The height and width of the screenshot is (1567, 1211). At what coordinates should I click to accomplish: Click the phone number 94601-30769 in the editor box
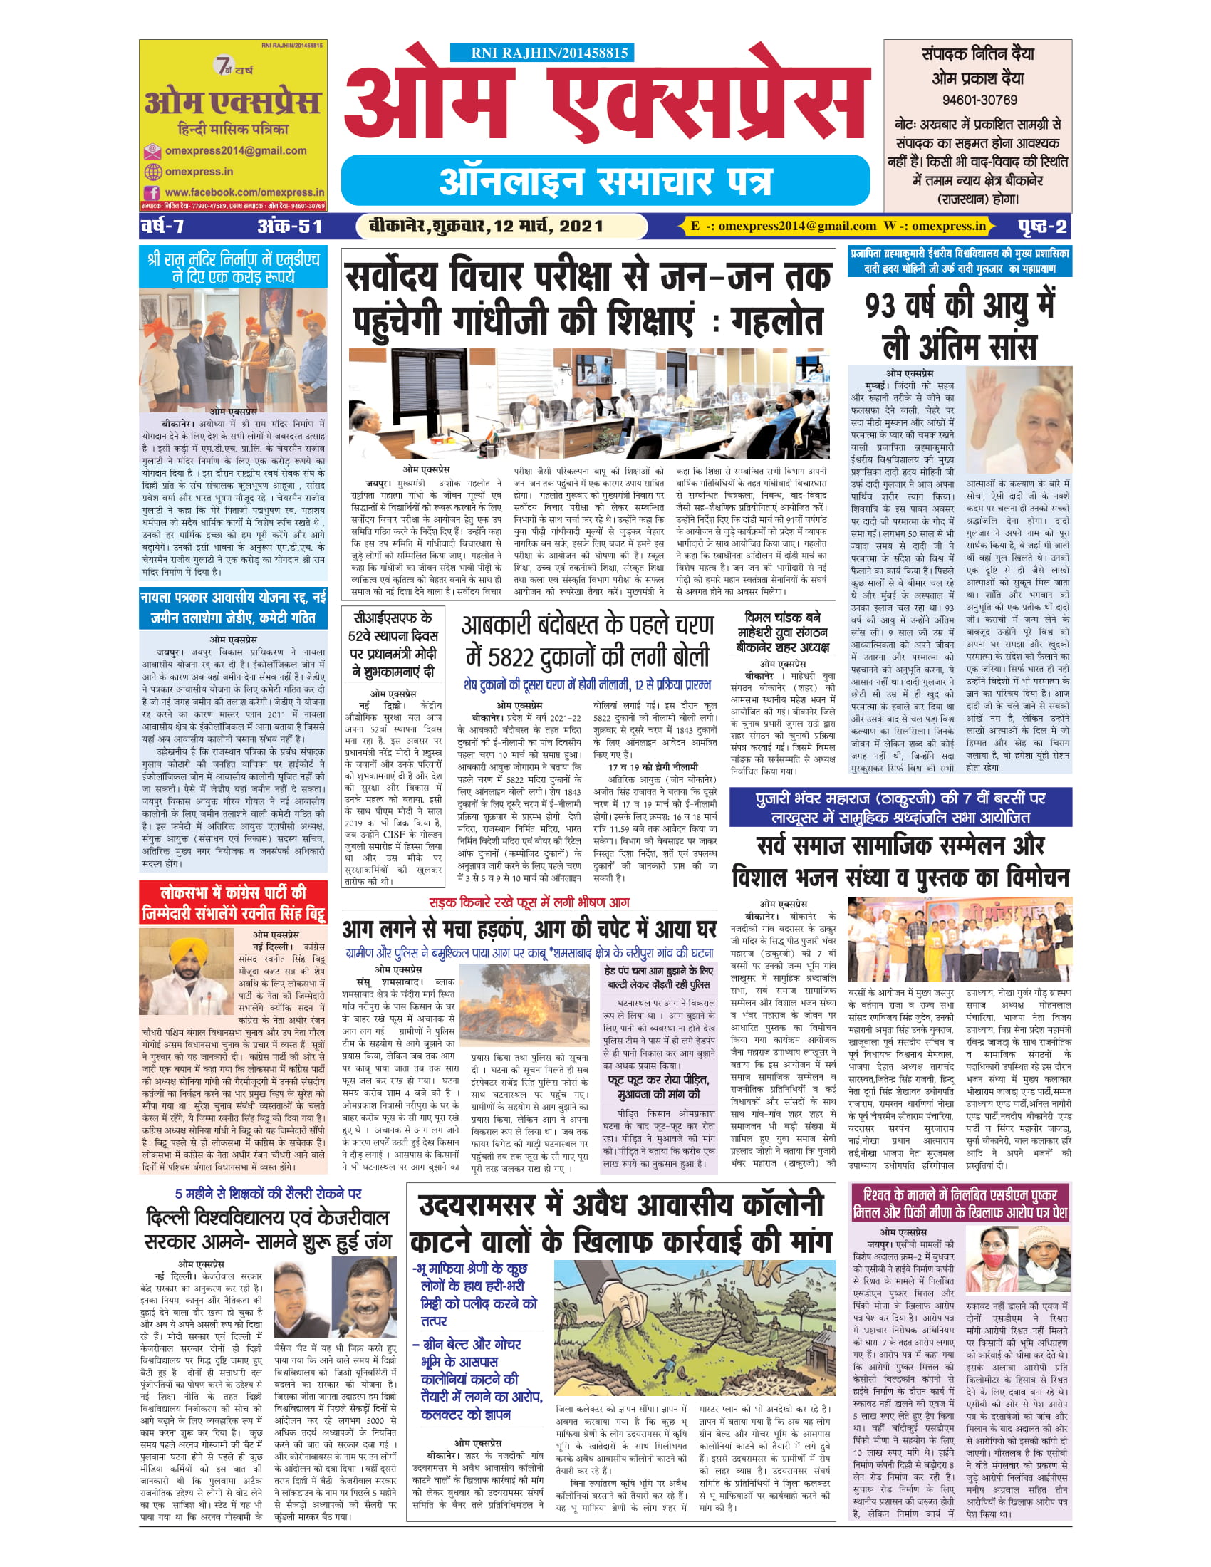[979, 100]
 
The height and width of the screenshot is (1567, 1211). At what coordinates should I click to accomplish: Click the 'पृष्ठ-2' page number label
[1042, 227]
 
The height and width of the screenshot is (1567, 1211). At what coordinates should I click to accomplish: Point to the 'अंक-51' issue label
[289, 227]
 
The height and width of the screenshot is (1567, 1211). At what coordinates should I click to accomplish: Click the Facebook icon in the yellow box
[152, 193]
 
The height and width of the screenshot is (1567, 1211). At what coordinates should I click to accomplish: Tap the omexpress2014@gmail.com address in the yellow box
[235, 151]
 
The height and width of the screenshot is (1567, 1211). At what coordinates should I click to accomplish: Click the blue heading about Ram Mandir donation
[232, 267]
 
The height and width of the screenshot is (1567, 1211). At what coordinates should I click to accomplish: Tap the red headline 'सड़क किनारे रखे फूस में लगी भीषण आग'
[529, 902]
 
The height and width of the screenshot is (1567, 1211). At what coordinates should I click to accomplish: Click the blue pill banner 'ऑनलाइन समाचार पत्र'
[605, 181]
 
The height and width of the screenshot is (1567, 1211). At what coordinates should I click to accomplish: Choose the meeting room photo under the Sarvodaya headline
[588, 403]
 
